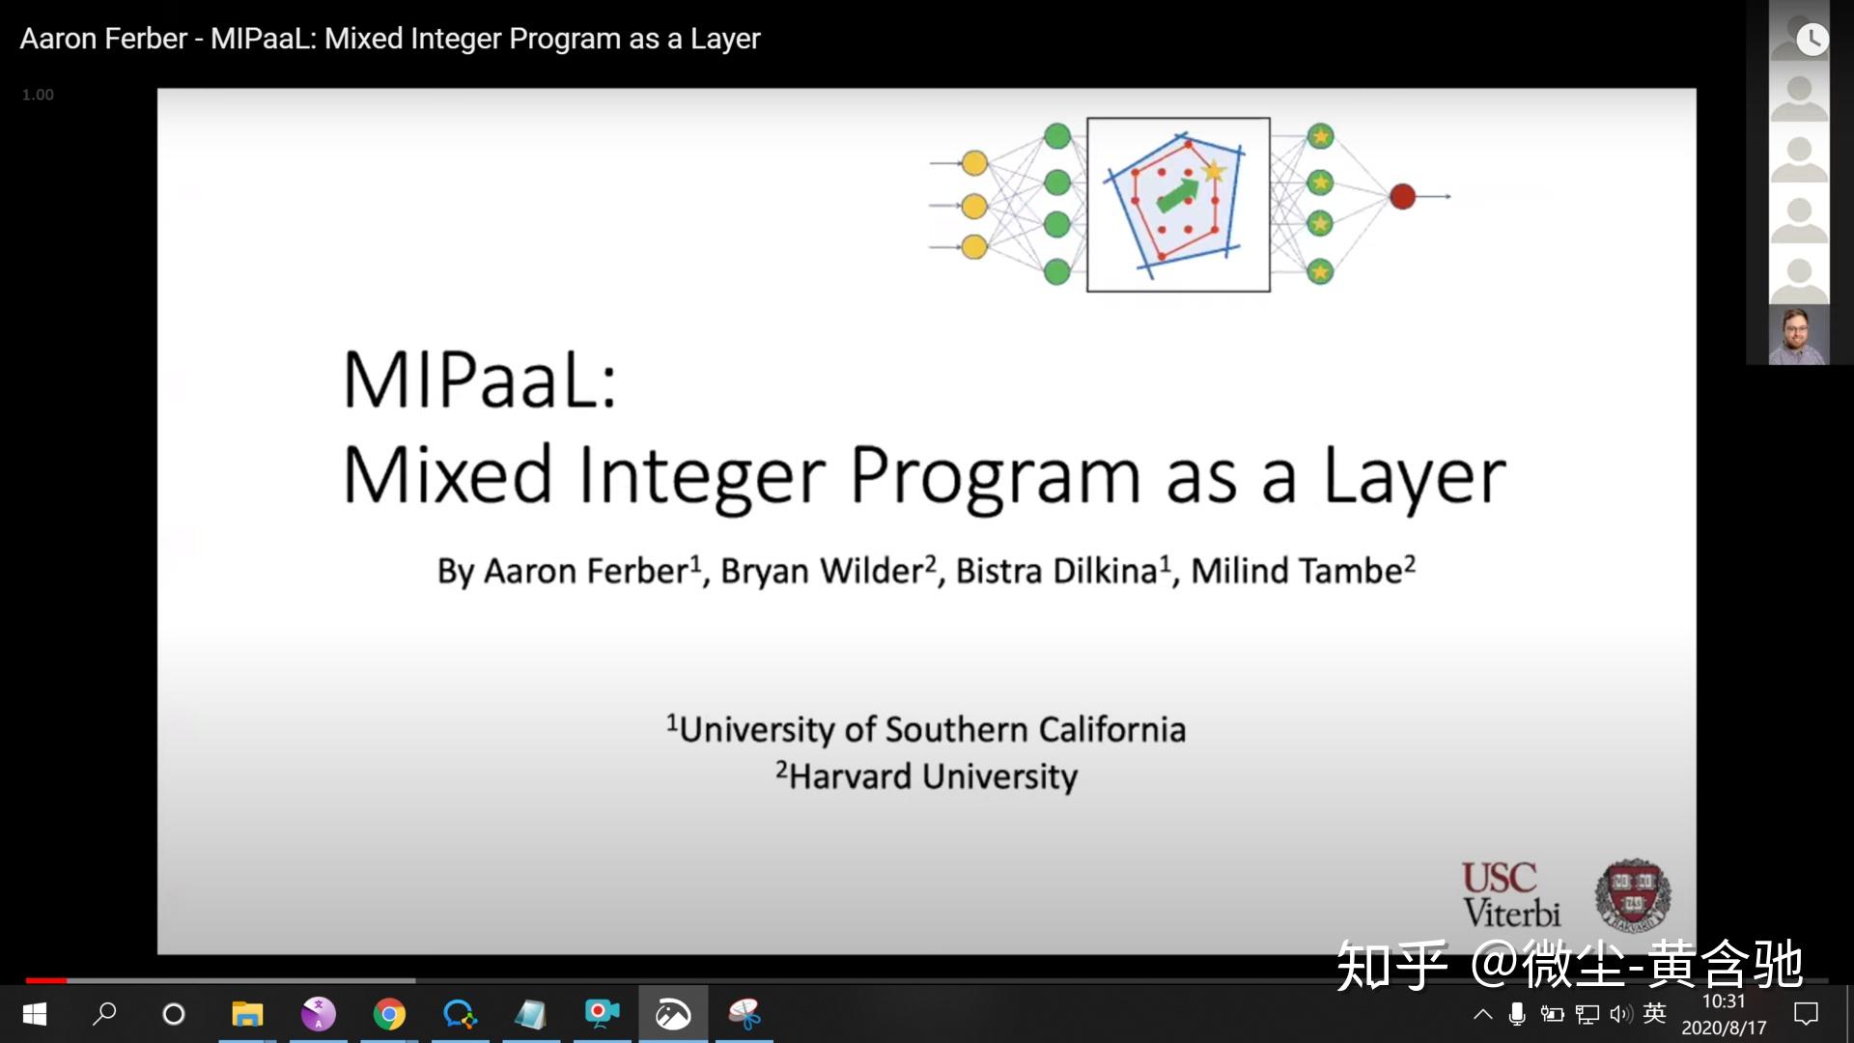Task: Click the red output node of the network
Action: click(1402, 196)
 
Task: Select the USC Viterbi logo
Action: click(1510, 896)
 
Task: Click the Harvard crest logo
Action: click(1632, 895)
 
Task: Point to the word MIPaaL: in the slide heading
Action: click(480, 380)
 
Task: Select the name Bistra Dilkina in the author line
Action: click(1056, 571)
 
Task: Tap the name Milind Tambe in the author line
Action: click(1296, 571)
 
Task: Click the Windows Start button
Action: click(35, 1014)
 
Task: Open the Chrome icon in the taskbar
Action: click(389, 1014)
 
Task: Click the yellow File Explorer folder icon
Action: click(247, 1014)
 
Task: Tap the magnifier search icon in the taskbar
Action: click(104, 1013)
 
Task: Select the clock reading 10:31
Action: click(1724, 1001)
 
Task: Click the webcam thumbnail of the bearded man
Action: click(1799, 335)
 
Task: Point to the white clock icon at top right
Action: click(1812, 39)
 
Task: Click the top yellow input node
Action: click(974, 163)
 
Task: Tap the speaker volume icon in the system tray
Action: click(1620, 1013)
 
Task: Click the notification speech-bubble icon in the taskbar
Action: click(1806, 1013)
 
